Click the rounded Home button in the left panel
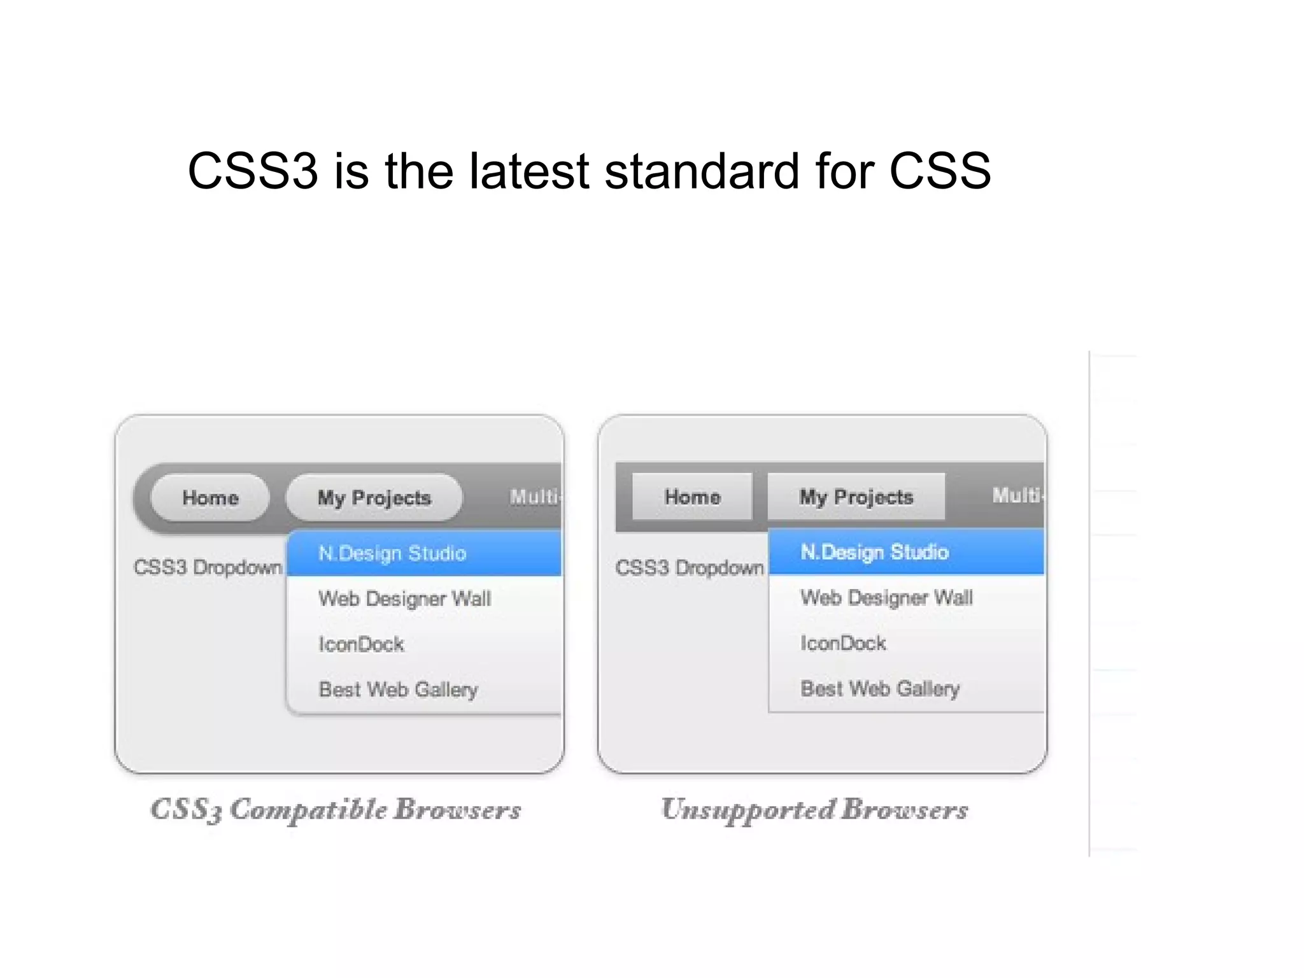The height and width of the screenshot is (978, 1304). [210, 498]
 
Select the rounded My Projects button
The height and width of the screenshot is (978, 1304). [374, 498]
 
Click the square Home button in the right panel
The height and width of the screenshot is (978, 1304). [692, 497]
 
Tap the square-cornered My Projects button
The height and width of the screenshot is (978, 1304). [856, 497]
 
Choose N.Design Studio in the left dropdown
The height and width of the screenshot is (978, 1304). [392, 553]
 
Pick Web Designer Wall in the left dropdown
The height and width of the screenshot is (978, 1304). [405, 599]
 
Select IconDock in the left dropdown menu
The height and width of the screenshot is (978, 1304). [362, 644]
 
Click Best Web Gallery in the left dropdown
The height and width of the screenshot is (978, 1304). [399, 690]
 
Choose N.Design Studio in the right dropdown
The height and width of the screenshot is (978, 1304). [874, 552]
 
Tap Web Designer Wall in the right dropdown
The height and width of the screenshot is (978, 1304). [886, 597]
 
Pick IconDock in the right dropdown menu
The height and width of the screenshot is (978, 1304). [843, 643]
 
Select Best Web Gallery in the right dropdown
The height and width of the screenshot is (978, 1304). [880, 688]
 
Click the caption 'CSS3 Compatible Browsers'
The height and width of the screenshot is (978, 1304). [336, 810]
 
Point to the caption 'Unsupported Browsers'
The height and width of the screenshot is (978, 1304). [814, 810]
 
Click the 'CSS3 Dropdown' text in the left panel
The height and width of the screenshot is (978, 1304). [208, 567]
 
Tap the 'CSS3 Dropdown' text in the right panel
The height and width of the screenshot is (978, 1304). [690, 567]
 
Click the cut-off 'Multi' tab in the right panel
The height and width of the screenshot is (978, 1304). [1017, 495]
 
